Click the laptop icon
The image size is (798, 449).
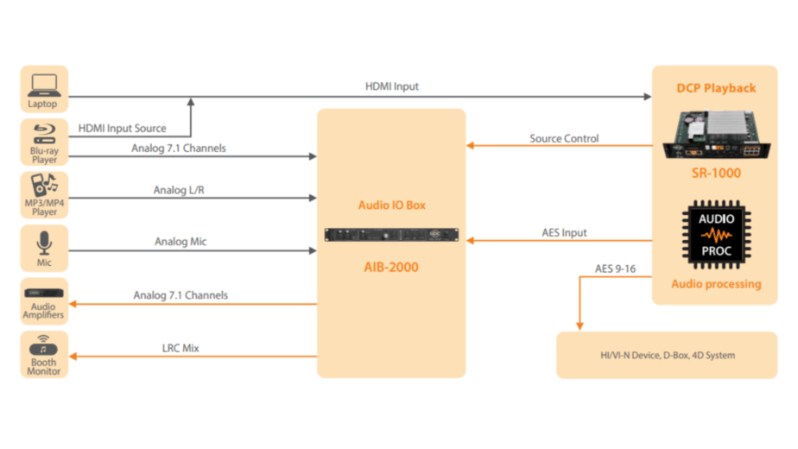(43, 85)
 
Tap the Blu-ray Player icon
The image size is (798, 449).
(43, 136)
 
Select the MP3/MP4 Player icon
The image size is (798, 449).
(43, 187)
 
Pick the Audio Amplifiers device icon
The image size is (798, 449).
(43, 294)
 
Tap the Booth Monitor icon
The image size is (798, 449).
(43, 345)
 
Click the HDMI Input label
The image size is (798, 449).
(392, 86)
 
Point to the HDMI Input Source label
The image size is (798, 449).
(122, 129)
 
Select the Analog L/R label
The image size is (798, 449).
(179, 189)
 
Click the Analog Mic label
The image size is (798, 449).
(180, 242)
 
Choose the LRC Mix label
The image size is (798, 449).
(180, 348)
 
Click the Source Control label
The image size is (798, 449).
(563, 138)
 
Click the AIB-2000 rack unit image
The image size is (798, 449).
(391, 234)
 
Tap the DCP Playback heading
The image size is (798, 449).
(716, 88)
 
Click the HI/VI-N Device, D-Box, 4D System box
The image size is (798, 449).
(668, 354)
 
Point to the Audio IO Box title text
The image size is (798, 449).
(391, 206)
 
